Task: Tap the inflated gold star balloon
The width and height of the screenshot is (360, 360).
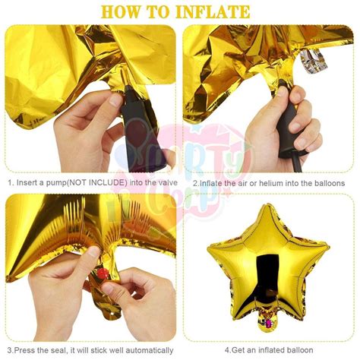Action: point(268,258)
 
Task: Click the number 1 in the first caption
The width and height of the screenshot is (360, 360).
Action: point(10,183)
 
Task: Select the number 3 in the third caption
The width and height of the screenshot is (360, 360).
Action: point(10,351)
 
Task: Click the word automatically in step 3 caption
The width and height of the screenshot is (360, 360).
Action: point(143,351)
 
